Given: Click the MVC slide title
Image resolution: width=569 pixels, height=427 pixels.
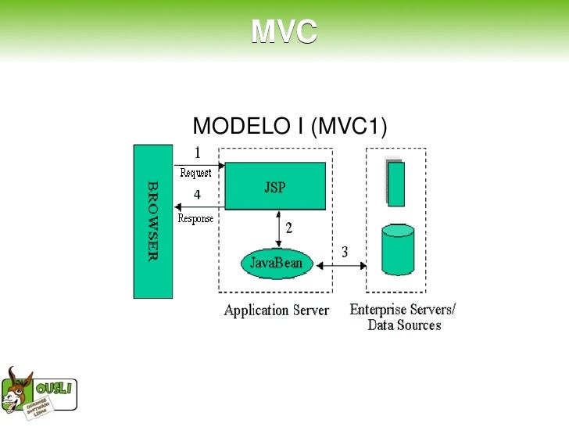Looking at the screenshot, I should [284, 32].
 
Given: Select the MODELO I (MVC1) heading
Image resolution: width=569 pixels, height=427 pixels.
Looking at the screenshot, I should [290, 127].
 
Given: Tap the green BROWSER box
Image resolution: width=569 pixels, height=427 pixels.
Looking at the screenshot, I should [152, 221].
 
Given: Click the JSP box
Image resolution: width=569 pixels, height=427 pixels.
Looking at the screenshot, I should [275, 186].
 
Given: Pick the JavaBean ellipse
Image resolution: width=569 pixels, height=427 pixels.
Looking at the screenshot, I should [277, 263].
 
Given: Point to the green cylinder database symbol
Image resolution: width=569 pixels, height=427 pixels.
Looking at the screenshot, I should [398, 249].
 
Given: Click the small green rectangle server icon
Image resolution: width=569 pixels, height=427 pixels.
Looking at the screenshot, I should [396, 184].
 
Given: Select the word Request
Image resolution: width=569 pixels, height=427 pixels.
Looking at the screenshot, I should [195, 173].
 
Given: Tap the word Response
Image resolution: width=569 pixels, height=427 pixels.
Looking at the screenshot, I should [195, 219].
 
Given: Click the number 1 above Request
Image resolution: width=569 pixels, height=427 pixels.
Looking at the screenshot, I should [197, 152].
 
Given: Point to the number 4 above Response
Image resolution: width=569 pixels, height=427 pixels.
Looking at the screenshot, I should [197, 194].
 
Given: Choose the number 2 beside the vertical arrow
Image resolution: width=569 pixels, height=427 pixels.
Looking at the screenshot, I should [288, 228].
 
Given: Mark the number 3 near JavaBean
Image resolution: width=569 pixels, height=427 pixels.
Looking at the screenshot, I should [344, 252].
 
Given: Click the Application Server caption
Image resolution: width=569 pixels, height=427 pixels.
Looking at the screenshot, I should [276, 310].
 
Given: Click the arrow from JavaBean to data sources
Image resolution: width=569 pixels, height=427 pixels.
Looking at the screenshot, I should [340, 266].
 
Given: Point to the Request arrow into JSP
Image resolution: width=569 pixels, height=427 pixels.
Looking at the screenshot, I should [199, 165].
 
